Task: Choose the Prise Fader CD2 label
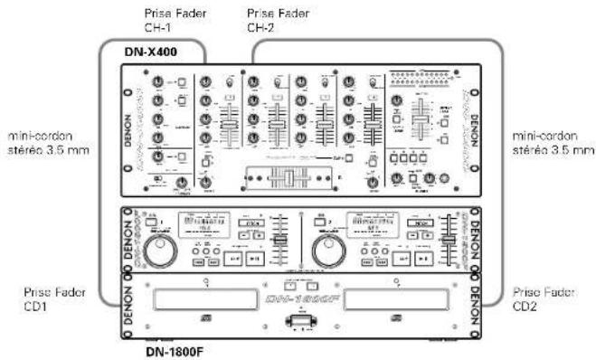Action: pyautogui.click(x=539, y=298)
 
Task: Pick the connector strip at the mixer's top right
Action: pyautogui.click(x=422, y=79)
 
